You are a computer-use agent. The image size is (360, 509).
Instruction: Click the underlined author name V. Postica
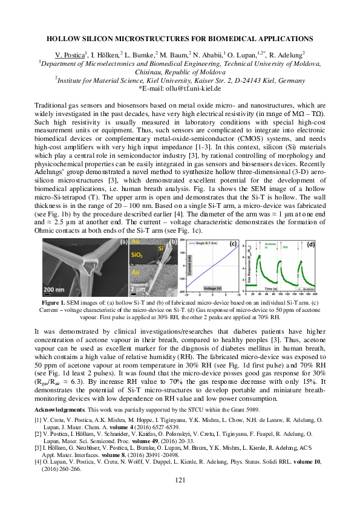(70, 54)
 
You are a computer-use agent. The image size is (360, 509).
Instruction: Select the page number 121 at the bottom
(180, 498)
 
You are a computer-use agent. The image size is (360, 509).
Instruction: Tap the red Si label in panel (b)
(161, 248)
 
